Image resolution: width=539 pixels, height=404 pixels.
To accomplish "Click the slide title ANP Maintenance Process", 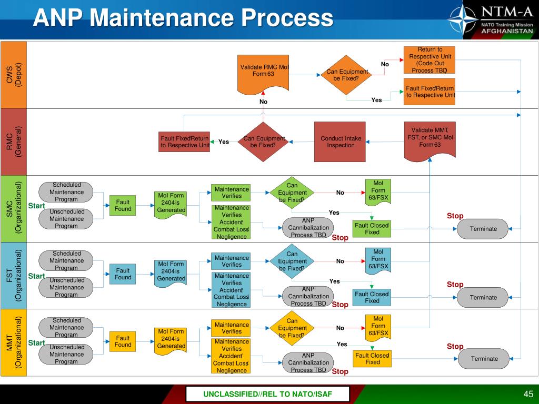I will coord(183,19).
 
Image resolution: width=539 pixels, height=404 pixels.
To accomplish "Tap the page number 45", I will coord(528,395).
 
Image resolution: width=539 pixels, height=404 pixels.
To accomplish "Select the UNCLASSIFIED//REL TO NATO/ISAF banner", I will coord(268,395).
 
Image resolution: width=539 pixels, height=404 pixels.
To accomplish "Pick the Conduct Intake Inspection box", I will coord(341,142).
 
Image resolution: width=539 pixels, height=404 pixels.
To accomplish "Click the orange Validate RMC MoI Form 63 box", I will coord(264,71).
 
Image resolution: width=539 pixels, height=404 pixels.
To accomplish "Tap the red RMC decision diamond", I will coord(263,142).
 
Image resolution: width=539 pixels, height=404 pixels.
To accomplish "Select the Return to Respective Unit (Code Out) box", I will coord(430,59).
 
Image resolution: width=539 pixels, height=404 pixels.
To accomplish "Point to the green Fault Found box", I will coord(123,205).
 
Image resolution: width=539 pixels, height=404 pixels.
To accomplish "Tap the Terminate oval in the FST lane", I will coord(483,297).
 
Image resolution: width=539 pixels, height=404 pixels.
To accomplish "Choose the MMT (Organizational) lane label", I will coord(13,343).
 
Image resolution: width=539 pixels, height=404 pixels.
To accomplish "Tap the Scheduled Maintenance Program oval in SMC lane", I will coord(66,191).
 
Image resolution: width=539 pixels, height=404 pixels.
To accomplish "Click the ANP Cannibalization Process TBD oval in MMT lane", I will coord(308,362).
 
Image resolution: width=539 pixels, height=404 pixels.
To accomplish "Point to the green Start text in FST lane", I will coord(36,276).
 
